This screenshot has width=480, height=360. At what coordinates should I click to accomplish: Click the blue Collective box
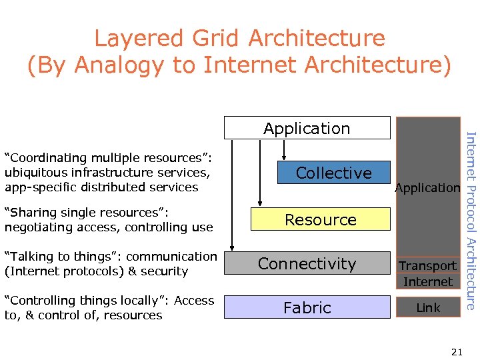pyautogui.click(x=333, y=173)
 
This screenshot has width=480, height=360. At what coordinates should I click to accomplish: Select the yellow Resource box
pyautogui.click(x=321, y=219)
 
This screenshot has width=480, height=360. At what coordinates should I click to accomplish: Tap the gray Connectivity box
pyautogui.click(x=307, y=263)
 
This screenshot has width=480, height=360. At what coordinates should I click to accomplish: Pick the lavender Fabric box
pyautogui.click(x=307, y=307)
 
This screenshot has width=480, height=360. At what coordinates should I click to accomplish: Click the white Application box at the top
pyautogui.click(x=307, y=128)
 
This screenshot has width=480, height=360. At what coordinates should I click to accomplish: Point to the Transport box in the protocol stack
pyautogui.click(x=428, y=265)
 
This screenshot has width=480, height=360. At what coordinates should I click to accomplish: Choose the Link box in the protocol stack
pyautogui.click(x=428, y=307)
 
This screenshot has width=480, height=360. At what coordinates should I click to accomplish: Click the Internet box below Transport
pyautogui.click(x=428, y=281)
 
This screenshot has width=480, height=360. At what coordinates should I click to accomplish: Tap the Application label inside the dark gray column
pyautogui.click(x=427, y=188)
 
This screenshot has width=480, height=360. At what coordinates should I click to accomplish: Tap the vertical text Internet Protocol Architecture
pyautogui.click(x=471, y=221)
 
